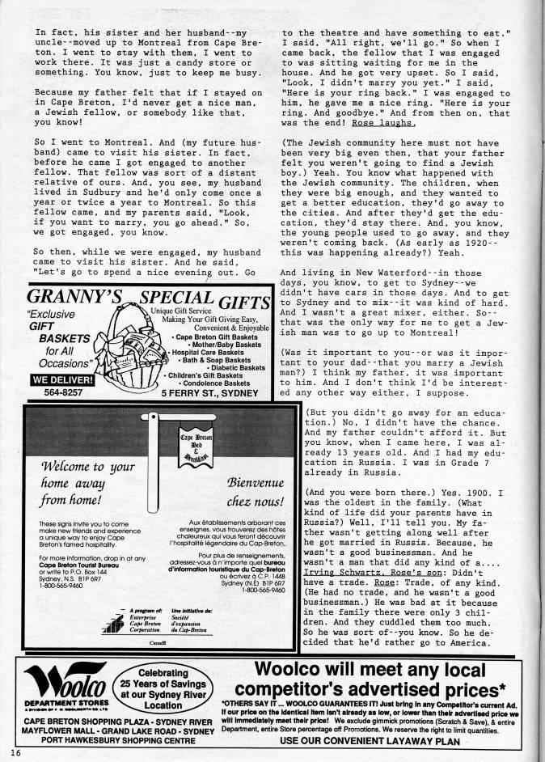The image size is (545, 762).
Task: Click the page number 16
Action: [x=16, y=753]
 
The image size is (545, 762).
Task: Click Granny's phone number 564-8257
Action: [x=51, y=393]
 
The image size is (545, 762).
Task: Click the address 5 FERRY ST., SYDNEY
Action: [x=209, y=393]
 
